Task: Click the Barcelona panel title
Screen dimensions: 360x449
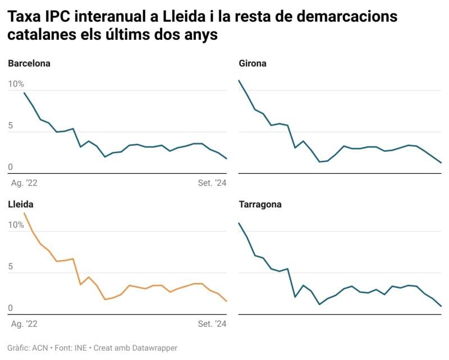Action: click(x=29, y=63)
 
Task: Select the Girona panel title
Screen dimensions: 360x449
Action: click(x=253, y=63)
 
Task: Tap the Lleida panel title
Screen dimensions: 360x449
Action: click(x=20, y=205)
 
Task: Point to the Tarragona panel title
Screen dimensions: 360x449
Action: click(x=260, y=205)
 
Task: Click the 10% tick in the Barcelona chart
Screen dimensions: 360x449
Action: click(x=16, y=84)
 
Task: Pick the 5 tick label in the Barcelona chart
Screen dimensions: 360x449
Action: click(x=11, y=126)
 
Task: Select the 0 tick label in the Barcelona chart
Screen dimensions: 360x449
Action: click(x=11, y=168)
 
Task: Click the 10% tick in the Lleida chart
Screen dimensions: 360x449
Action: click(x=16, y=225)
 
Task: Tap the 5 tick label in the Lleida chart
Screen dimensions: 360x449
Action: click(x=11, y=267)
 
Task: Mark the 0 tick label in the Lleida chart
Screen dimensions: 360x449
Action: click(x=11, y=308)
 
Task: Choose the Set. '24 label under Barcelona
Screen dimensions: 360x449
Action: click(x=212, y=183)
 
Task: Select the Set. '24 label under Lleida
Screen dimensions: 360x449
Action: click(x=212, y=324)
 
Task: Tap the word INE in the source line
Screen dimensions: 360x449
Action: click(x=81, y=348)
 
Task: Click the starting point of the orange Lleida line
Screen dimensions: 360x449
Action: click(x=24, y=213)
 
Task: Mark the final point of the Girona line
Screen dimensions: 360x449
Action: click(x=442, y=163)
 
